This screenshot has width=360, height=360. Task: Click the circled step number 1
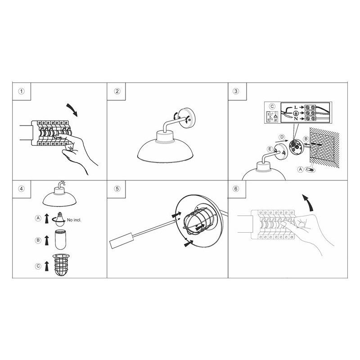pyautogui.click(x=21, y=91)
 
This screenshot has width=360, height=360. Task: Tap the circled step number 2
pyautogui.click(x=117, y=91)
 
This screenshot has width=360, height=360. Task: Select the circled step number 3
pyautogui.click(x=236, y=91)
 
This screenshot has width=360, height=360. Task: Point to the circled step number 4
pyautogui.click(x=21, y=189)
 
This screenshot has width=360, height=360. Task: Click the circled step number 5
pyautogui.click(x=117, y=189)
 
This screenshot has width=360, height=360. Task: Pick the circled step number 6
pyautogui.click(x=236, y=189)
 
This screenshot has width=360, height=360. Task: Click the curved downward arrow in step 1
pyautogui.click(x=72, y=109)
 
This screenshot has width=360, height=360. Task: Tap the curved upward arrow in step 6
pyautogui.click(x=308, y=202)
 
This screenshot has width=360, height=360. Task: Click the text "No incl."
pyautogui.click(x=74, y=220)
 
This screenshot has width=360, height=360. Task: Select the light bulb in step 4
pyautogui.click(x=59, y=219)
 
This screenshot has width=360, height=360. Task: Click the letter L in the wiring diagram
pyautogui.click(x=296, y=107)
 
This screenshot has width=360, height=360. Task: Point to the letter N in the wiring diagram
pyautogui.click(x=296, y=119)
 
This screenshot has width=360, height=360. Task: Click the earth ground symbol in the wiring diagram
pyautogui.click(x=296, y=113)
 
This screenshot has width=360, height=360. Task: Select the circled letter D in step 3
pyautogui.click(x=282, y=138)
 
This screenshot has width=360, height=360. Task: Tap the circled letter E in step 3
pyautogui.click(x=270, y=149)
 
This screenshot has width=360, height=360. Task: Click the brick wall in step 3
pyautogui.click(x=324, y=148)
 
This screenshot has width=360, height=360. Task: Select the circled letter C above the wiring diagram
pyautogui.click(x=272, y=107)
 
